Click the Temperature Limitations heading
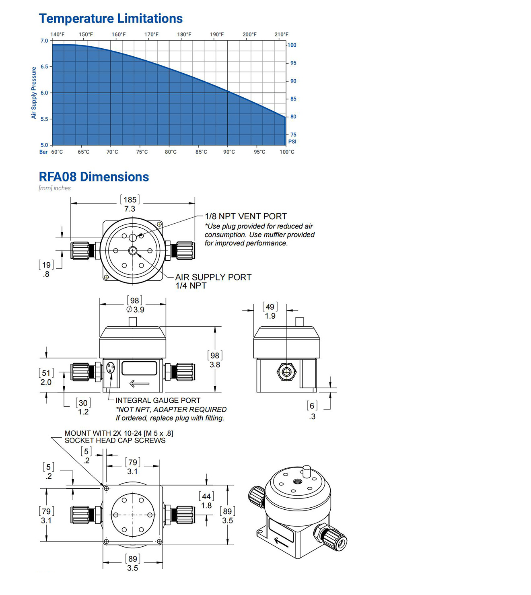click(x=111, y=19)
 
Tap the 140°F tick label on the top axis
click(x=57, y=34)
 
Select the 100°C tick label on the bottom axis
click(x=287, y=152)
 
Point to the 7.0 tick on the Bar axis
click(x=44, y=41)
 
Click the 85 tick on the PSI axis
click(x=293, y=99)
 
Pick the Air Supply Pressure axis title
click(x=34, y=93)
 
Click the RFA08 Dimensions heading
click(x=94, y=177)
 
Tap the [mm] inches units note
click(x=55, y=188)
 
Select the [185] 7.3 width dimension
click(x=130, y=204)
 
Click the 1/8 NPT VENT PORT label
click(x=245, y=216)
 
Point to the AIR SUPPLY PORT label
click(x=213, y=277)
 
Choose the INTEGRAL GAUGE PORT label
click(x=158, y=400)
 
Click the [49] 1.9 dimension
click(x=270, y=311)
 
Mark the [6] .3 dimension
click(x=312, y=411)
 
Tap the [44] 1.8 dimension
click(x=206, y=501)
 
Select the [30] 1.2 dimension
click(x=83, y=407)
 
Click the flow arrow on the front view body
click(x=139, y=383)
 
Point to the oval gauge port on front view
click(x=111, y=368)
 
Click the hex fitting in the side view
click(x=286, y=372)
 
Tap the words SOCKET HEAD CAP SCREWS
click(x=115, y=441)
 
